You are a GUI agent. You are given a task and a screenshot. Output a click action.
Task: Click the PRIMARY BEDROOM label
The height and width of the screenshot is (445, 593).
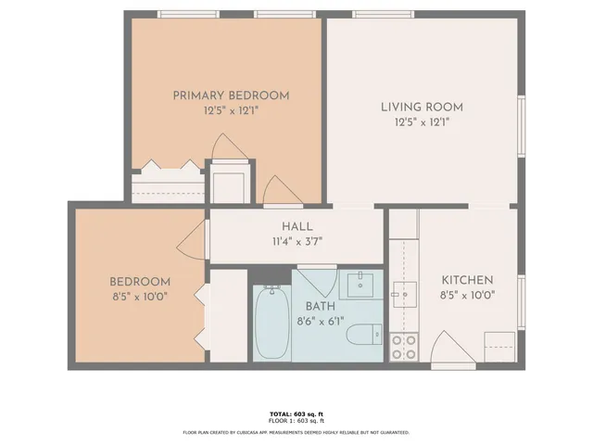tap(231, 95)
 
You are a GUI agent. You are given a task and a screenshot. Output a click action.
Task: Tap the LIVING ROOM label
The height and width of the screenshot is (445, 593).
tap(422, 108)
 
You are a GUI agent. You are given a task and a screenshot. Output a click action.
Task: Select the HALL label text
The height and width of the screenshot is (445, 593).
tap(296, 226)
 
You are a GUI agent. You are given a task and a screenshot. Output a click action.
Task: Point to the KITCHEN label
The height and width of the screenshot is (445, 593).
tap(466, 280)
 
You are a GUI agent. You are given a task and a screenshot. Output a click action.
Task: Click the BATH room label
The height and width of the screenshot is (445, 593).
tap(321, 306)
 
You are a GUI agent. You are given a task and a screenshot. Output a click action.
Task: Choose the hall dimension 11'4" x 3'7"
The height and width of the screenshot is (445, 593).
tap(296, 242)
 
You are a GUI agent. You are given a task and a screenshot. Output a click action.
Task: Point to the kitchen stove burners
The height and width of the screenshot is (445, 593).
tap(403, 347)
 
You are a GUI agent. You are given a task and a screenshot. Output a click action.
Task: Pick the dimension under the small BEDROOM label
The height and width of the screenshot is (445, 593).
tap(140, 298)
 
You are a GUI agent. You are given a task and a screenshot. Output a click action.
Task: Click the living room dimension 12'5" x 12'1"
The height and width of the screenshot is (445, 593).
tap(422, 122)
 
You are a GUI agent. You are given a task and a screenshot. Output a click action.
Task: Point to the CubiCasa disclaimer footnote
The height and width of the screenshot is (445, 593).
tap(296, 432)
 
